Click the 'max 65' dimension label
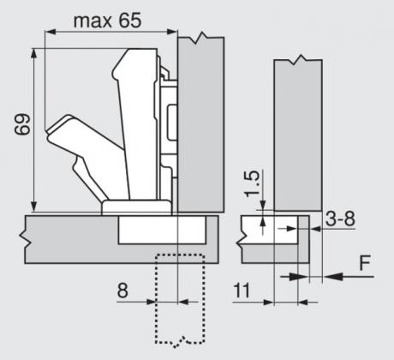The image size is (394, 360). click(x=107, y=21)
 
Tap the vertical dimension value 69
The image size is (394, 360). click(x=22, y=124)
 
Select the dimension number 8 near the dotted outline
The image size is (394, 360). click(x=122, y=291)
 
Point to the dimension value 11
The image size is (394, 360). click(x=242, y=291)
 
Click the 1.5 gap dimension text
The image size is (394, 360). click(x=253, y=183)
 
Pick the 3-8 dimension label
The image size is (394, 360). click(x=340, y=219)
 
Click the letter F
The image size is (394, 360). click(x=365, y=263)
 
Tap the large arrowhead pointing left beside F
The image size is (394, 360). click(x=333, y=277)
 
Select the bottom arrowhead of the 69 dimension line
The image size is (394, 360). click(x=34, y=206)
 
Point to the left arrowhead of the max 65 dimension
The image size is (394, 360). click(x=51, y=32)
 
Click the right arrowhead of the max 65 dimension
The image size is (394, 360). click(x=171, y=32)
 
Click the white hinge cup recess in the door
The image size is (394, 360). click(x=162, y=230)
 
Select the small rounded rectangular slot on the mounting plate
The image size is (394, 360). click(x=172, y=123)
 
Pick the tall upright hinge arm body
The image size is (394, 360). click(x=135, y=123)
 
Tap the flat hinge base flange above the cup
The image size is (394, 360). click(x=137, y=207)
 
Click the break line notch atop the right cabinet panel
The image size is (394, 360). click(x=298, y=59)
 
